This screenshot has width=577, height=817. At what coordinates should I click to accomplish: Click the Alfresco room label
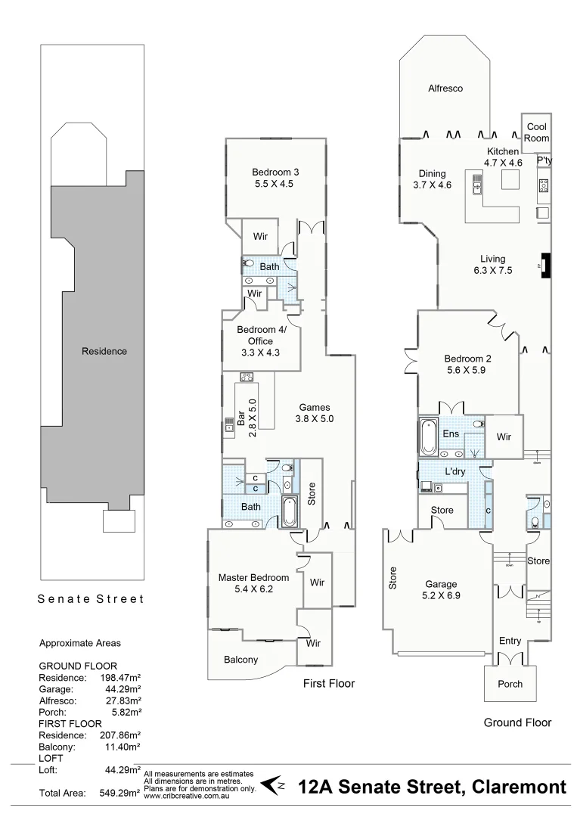click(x=445, y=89)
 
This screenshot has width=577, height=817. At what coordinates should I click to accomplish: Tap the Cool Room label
click(x=536, y=132)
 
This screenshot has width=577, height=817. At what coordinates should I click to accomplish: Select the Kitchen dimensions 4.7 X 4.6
click(x=504, y=163)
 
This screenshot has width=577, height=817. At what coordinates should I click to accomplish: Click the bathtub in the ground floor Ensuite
click(x=429, y=436)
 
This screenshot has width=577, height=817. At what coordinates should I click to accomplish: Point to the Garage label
click(x=441, y=584)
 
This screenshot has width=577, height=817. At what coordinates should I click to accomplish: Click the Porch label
click(x=510, y=684)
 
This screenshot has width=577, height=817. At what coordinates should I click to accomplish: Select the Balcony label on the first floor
click(x=240, y=660)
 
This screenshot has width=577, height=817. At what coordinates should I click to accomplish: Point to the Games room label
click(x=314, y=407)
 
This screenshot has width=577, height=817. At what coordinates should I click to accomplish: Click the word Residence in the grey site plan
click(x=104, y=351)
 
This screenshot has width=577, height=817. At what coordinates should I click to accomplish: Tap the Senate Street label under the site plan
click(x=91, y=599)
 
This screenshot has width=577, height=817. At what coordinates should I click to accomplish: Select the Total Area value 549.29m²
click(x=120, y=794)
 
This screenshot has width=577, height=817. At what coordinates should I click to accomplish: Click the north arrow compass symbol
click(x=273, y=784)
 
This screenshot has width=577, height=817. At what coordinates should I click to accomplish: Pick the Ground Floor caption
click(x=517, y=722)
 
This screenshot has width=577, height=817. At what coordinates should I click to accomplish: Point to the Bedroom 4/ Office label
click(x=262, y=335)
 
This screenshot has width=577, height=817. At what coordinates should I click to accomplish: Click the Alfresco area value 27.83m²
click(x=124, y=701)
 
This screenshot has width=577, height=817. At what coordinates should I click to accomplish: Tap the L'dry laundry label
click(x=455, y=471)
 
